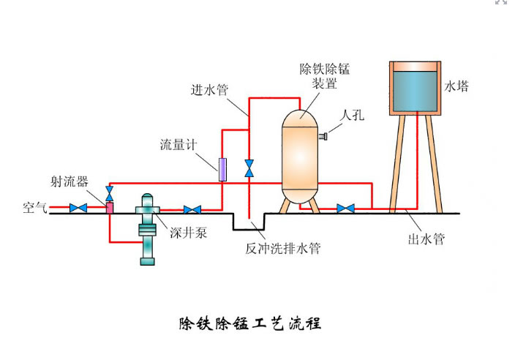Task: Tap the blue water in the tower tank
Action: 415,90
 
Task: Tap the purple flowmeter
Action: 222,170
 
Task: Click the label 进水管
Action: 209,90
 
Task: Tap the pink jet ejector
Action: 110,208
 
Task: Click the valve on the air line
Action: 78,209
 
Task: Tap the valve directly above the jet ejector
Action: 110,193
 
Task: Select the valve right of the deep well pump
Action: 192,210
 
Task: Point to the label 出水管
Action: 425,239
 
